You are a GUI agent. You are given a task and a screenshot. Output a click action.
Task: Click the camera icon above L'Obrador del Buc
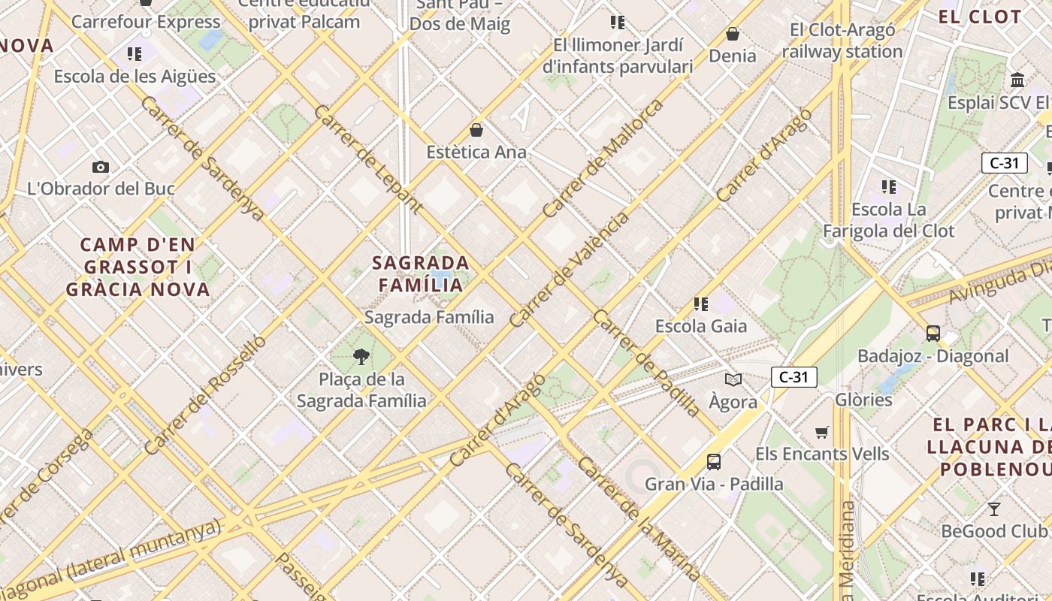tap(100, 167)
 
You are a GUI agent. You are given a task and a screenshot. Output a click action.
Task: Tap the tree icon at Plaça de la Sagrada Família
tap(361, 356)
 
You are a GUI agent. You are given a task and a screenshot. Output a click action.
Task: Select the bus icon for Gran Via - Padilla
tap(713, 461)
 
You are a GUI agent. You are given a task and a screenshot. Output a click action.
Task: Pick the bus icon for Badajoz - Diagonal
tap(933, 333)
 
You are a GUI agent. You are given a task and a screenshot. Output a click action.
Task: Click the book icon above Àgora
tap(733, 379)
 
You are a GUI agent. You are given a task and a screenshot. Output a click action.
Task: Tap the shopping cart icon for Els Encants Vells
tap(822, 432)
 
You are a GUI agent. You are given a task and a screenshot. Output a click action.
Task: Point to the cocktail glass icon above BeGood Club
tap(994, 509)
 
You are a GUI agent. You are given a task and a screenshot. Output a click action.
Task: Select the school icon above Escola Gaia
tap(700, 304)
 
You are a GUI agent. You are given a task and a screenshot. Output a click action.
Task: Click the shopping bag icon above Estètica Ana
tap(476, 130)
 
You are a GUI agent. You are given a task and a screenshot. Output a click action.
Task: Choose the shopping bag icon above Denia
tap(732, 34)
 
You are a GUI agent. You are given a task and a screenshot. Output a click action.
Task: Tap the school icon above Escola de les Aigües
tap(135, 53)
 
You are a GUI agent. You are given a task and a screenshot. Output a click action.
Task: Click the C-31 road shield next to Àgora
tap(794, 377)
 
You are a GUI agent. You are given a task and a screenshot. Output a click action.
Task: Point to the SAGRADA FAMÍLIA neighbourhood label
tap(422, 274)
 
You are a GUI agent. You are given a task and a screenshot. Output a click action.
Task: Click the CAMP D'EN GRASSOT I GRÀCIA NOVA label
tap(138, 267)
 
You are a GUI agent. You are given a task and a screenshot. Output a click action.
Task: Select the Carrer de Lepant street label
tap(368, 159)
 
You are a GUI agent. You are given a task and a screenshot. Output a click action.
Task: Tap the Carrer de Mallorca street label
tap(604, 158)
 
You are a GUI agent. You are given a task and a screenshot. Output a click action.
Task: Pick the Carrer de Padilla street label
tap(646, 362)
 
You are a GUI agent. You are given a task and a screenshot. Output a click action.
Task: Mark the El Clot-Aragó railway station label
tap(842, 41)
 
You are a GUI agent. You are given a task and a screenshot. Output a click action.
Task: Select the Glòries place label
tap(863, 400)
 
